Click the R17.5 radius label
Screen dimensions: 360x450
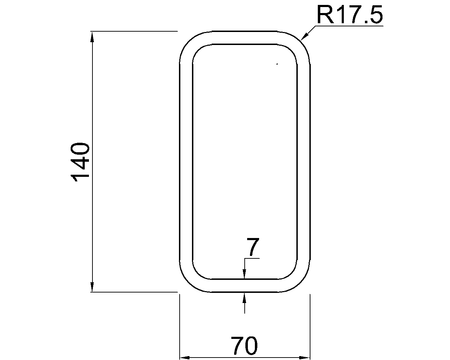(349, 15)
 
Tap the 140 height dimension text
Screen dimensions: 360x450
(79, 162)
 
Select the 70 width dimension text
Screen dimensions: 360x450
(244, 346)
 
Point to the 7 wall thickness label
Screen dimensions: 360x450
(252, 247)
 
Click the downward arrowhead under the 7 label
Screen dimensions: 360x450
(245, 274)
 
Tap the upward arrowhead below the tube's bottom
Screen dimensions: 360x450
(245, 297)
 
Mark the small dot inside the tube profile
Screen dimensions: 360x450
(277, 64)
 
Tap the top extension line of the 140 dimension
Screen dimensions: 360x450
(134, 32)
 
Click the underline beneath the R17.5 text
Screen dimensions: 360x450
(348, 26)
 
